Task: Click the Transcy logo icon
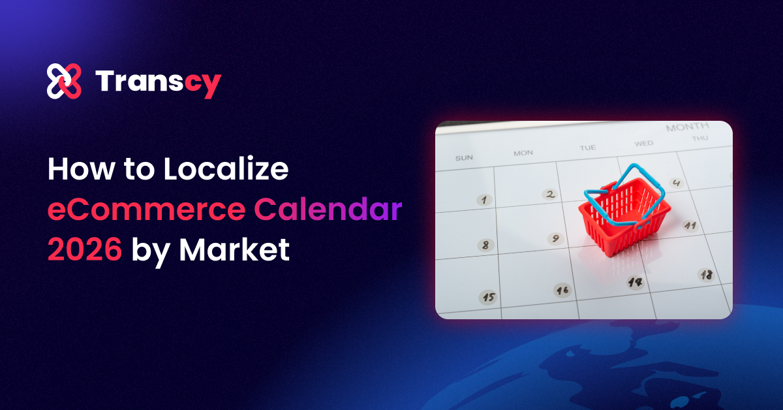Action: [64, 82]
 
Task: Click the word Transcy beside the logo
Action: [159, 82]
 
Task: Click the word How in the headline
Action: [75, 170]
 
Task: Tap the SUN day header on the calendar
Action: [464, 157]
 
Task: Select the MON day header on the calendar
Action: [523, 153]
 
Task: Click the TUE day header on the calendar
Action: [587, 148]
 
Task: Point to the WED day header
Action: [643, 143]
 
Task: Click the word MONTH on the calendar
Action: [687, 127]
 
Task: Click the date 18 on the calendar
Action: [706, 275]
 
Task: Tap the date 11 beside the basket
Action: [690, 226]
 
